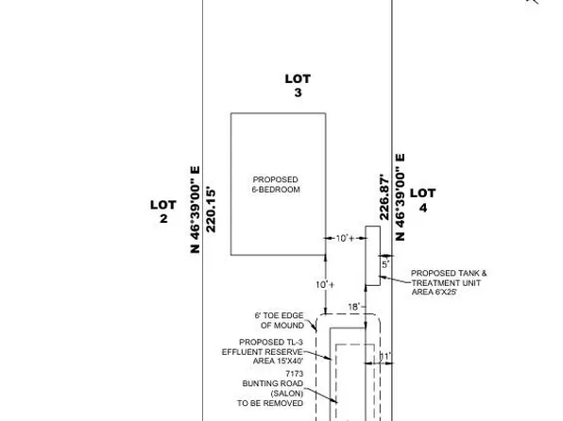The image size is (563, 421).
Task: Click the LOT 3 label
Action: pos(298,85)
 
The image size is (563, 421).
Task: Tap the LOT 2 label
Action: pos(163,211)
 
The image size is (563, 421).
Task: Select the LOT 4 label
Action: pos(423,200)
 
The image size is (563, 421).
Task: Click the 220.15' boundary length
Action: pos(211,210)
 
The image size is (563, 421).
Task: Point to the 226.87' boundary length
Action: pos(384,197)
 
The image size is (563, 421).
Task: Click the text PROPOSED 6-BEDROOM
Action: pos(276,184)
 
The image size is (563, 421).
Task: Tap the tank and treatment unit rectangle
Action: pos(373,256)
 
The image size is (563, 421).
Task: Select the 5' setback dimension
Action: pos(385,264)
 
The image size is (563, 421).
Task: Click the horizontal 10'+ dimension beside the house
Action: pos(345,238)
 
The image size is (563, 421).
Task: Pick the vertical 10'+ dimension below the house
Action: pos(325,285)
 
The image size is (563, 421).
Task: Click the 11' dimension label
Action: pos(384,357)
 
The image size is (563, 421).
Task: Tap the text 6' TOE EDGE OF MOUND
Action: pos(280,321)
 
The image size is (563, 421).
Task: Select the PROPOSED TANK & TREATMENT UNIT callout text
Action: pos(449,278)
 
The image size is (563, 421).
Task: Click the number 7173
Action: pos(295,374)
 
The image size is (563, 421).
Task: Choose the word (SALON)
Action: pos(287,394)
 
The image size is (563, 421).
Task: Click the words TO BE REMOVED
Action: pos(270,403)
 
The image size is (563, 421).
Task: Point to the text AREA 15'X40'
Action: pos(279,362)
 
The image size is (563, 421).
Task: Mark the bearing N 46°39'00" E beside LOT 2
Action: pos(195,210)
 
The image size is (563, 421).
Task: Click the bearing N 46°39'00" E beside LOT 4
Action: pos(400,197)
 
